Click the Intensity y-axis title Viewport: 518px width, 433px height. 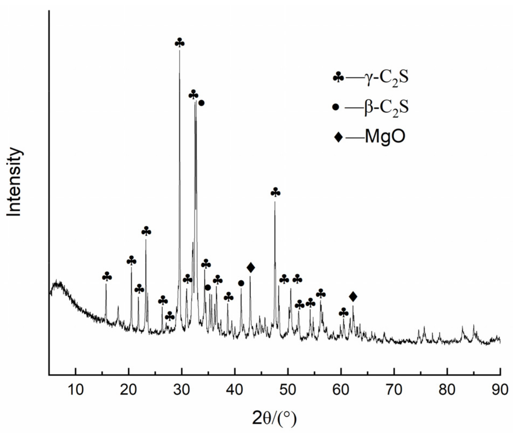click(14, 182)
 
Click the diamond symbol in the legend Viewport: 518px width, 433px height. click(338, 137)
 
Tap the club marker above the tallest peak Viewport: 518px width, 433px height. click(180, 43)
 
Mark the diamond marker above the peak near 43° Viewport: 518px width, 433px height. click(251, 267)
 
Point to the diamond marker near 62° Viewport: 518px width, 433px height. click(353, 297)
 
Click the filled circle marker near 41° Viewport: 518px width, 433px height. click(241, 283)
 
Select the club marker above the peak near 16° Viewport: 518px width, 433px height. click(107, 277)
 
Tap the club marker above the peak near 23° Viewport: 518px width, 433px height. click(146, 231)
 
